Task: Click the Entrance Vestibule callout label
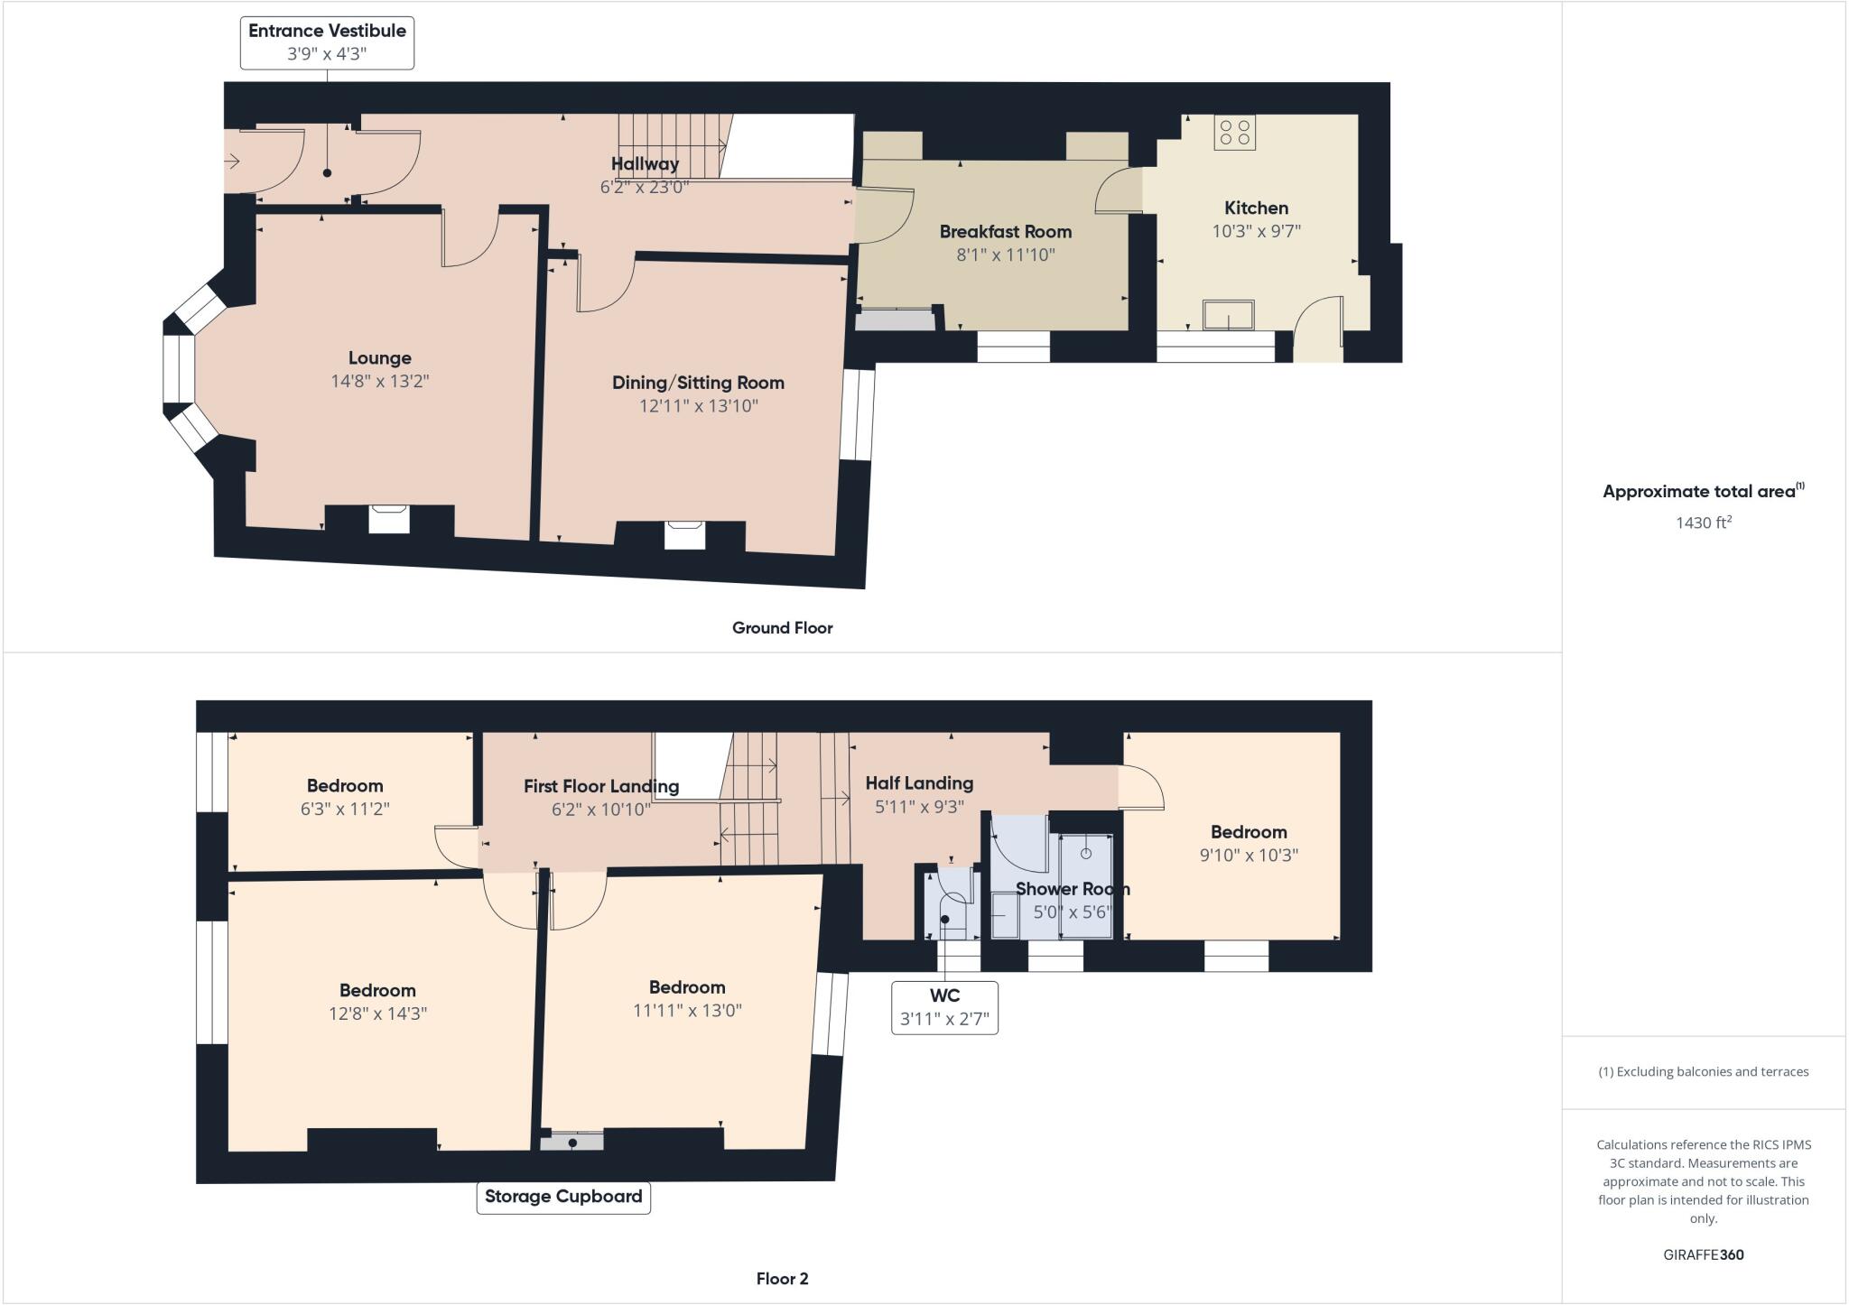pos(327,42)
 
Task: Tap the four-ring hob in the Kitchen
pos(1234,133)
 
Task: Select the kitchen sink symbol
pos(1228,315)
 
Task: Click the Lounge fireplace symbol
pos(389,518)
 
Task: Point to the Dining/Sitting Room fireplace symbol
pos(683,533)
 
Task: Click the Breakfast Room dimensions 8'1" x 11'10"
pos(1005,255)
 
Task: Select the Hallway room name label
pos(645,164)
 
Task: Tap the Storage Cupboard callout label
pos(563,1197)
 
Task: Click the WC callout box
pos(944,1007)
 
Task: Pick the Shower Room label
pos(1072,889)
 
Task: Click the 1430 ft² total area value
pos(1703,523)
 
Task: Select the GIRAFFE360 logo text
pos(1703,1254)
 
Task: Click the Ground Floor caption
pos(782,628)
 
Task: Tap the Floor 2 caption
pos(782,1279)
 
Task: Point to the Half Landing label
pos(919,783)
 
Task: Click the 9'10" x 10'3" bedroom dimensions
pos(1248,856)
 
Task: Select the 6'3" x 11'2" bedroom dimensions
pos(345,810)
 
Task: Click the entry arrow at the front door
pos(232,162)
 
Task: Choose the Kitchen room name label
pos(1256,208)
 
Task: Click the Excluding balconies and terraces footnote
pos(1703,1072)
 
